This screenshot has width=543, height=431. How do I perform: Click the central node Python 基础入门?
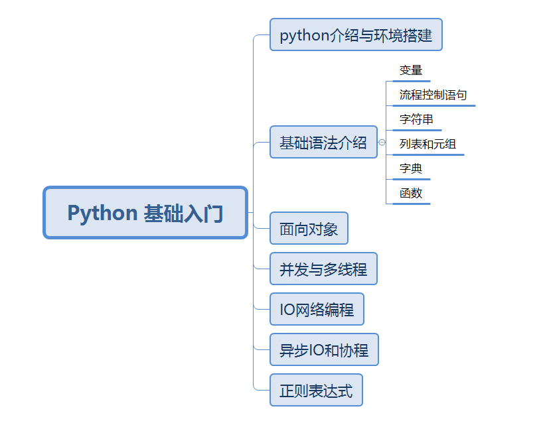145,213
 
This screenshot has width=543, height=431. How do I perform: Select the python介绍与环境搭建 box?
356,34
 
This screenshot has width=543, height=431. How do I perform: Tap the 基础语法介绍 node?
323,142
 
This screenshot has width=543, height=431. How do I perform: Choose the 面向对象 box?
309,229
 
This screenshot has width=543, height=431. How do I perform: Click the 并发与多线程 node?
323,269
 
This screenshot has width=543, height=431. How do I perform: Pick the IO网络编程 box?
317,309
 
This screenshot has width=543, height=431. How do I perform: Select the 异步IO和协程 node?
324,349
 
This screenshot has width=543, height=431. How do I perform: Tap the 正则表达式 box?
316,390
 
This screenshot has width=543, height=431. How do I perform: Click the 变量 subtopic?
411,70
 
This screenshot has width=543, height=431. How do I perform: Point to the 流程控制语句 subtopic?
433,95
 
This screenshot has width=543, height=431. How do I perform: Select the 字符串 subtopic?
417,120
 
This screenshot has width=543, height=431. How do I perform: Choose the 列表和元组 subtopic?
427,144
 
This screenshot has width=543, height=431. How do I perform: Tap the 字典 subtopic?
411,168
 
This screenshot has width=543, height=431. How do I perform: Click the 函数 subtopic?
411,194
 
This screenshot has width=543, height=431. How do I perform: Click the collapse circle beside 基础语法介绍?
382,143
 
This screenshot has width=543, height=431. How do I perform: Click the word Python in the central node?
102,214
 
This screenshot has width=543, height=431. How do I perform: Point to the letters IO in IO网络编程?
287,310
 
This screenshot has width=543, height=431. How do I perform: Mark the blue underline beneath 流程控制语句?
434,105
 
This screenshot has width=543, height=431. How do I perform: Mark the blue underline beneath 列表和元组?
428,154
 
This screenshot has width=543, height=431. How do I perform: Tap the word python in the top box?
305,35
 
